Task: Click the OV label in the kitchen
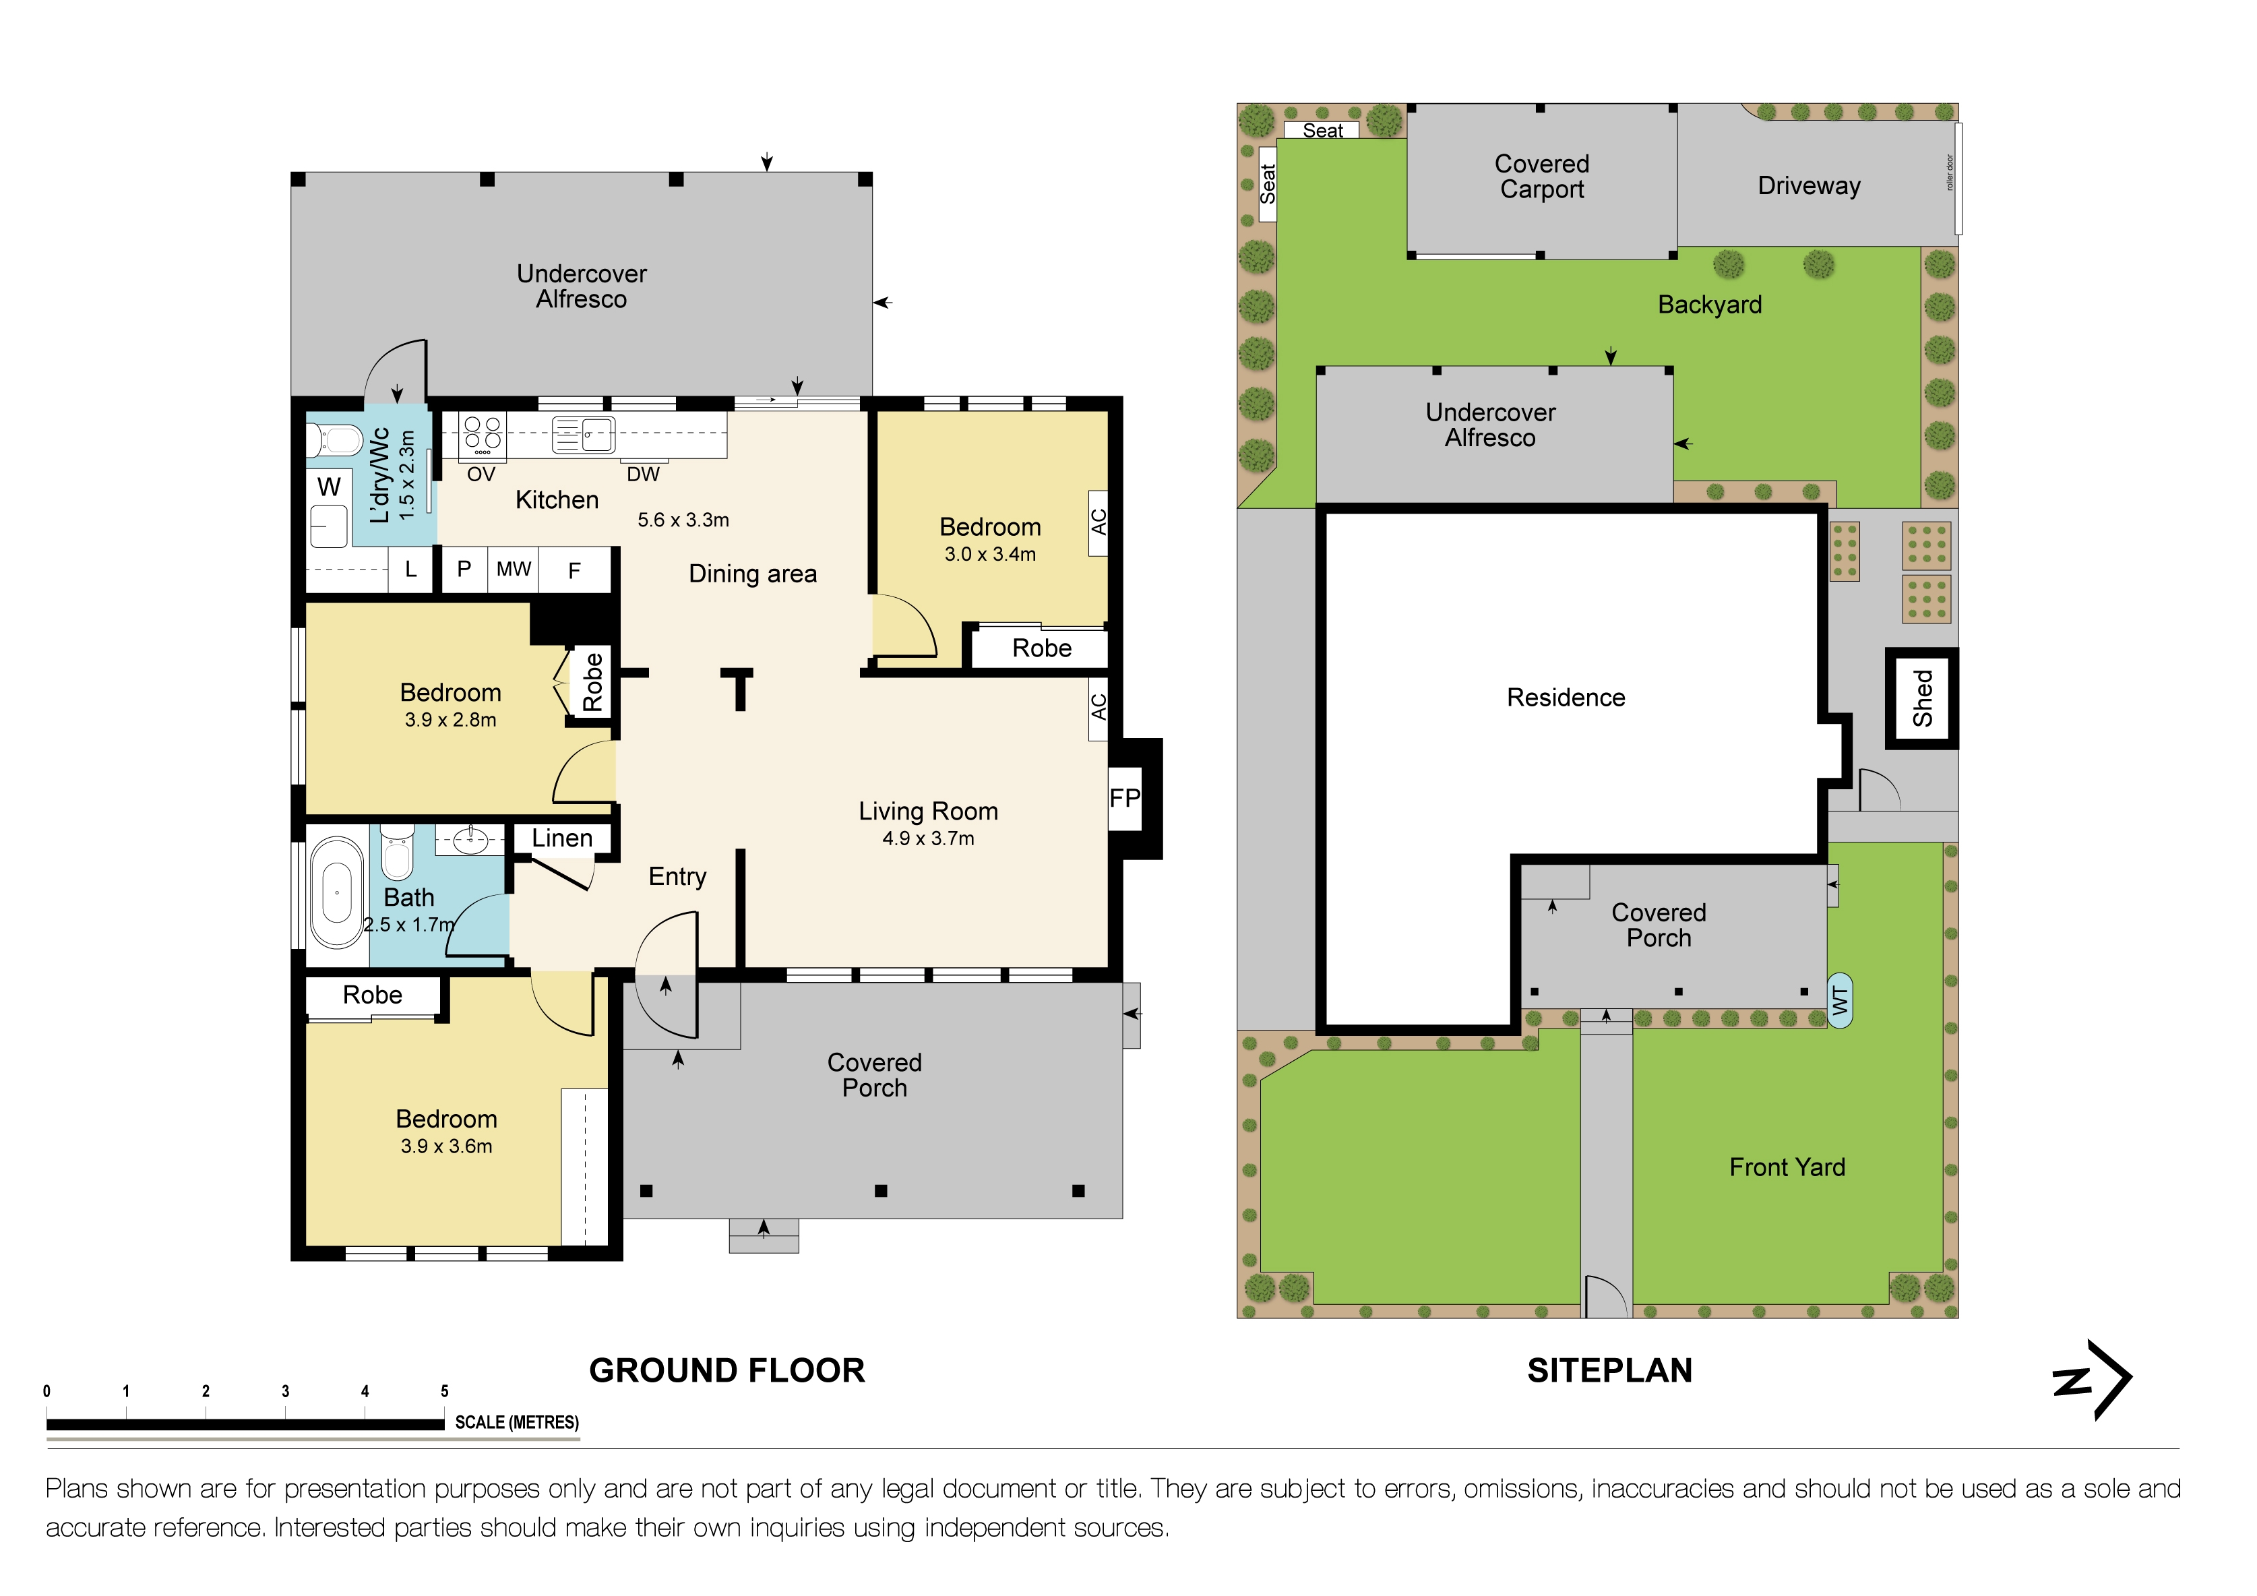tap(481, 474)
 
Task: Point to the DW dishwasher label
tap(643, 474)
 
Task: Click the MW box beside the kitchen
tap(513, 570)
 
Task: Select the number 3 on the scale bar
tap(285, 1390)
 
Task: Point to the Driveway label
tap(1809, 186)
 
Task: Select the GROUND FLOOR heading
tap(726, 1370)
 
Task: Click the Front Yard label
tap(1787, 1167)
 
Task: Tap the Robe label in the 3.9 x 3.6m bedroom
tap(373, 995)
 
